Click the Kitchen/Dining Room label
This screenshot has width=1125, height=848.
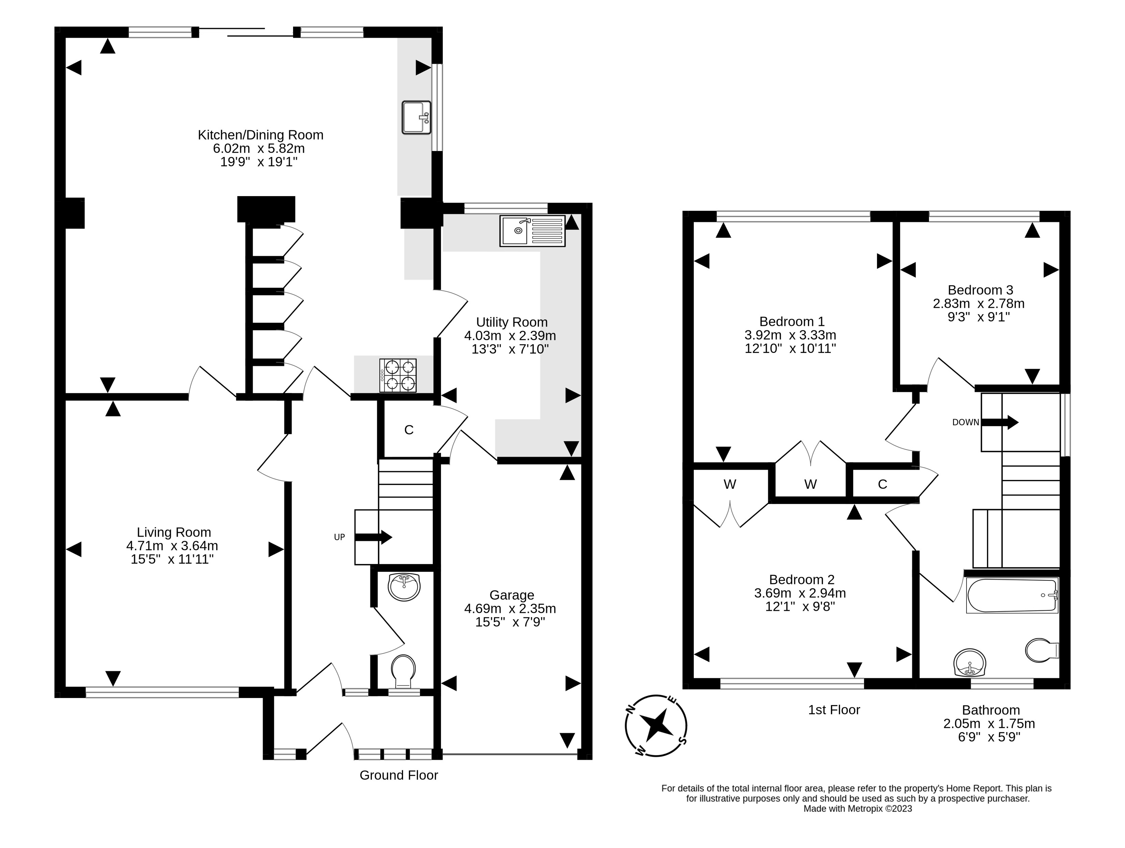click(x=261, y=135)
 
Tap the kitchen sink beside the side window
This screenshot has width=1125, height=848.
click(x=417, y=117)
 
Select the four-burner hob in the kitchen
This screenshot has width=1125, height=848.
click(x=398, y=375)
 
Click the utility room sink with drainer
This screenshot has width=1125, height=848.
click(x=533, y=231)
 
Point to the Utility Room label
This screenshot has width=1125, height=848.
click(x=512, y=322)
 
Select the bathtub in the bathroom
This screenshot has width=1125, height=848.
click(x=1012, y=595)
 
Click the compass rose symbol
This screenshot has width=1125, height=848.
click(x=656, y=725)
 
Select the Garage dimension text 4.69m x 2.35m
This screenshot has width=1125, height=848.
click(x=510, y=608)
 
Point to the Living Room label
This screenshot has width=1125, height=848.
click(x=174, y=532)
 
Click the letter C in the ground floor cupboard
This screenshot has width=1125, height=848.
click(x=409, y=430)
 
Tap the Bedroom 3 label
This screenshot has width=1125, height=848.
click(x=980, y=290)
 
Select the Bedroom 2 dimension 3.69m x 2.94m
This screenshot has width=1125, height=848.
click(x=800, y=592)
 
